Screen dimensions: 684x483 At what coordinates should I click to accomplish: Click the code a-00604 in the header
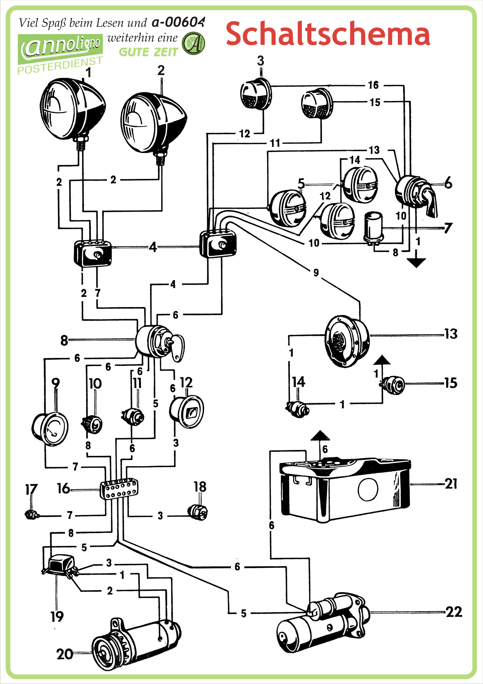click(x=178, y=22)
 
